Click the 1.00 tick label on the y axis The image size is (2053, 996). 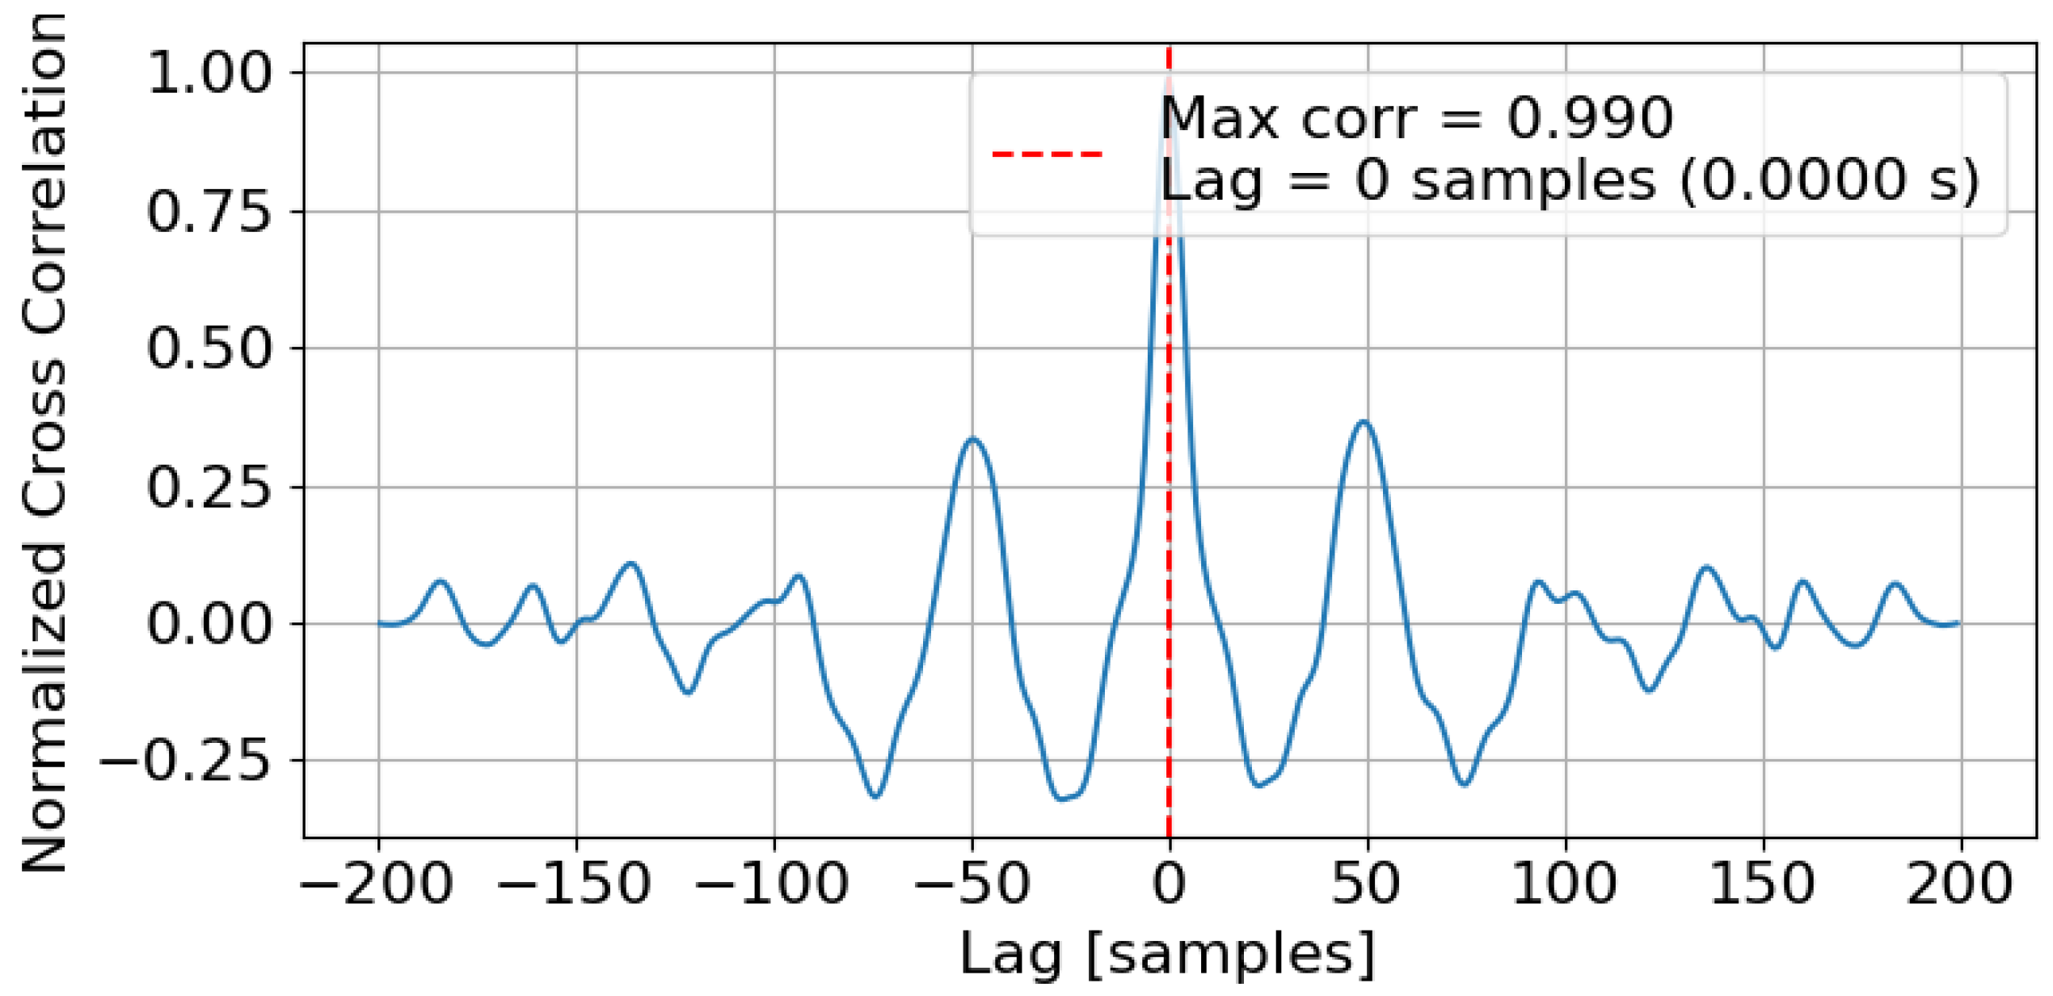coord(209,73)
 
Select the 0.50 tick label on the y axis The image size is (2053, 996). coord(209,349)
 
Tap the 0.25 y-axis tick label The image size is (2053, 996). coord(209,487)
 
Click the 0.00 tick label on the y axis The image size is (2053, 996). coord(209,624)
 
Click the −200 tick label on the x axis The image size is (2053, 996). coord(377,883)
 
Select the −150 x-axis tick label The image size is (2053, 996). coord(575,883)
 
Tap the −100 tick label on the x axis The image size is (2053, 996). coord(773,883)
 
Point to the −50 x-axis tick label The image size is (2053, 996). coord(972,883)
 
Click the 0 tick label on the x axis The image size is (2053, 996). coord(1169,883)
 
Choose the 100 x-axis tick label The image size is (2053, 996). coord(1565,883)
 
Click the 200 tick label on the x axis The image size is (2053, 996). coord(1960,883)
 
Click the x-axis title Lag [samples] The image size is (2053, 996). coord(1167,954)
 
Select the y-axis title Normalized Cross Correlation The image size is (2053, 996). coord(44,443)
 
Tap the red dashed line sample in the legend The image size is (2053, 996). coord(1048,153)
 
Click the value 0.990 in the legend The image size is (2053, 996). coord(1589,118)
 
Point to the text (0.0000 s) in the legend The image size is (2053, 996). coord(1829,179)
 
